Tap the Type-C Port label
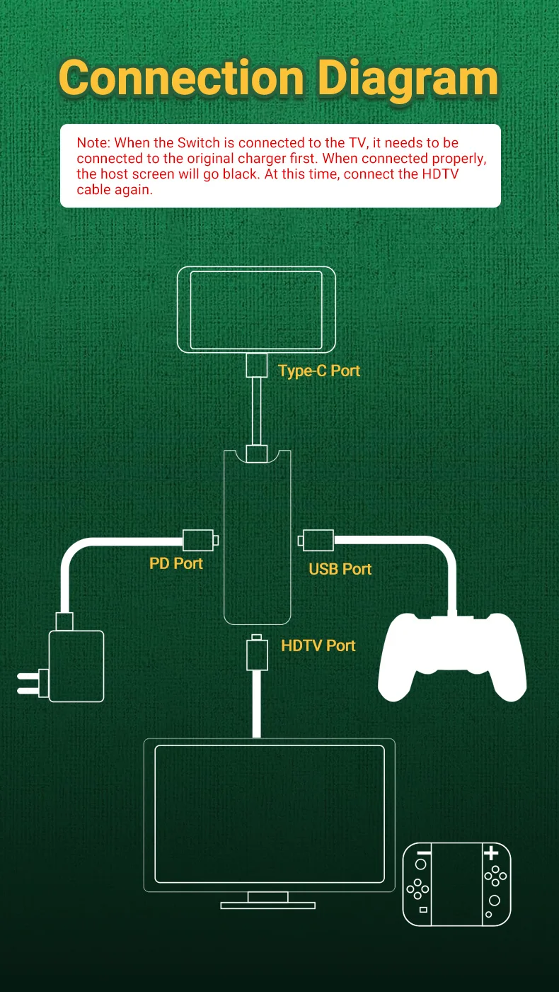319,371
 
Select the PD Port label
176,563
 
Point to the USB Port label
340,569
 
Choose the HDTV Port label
318,646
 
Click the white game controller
452,655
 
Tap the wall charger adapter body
76,666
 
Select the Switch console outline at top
255,310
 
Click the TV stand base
267,905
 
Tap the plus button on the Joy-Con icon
491,853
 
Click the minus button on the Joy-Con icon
424,852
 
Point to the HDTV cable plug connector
256,654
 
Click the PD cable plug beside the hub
197,541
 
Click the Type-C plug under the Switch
256,366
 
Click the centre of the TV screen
269,813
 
